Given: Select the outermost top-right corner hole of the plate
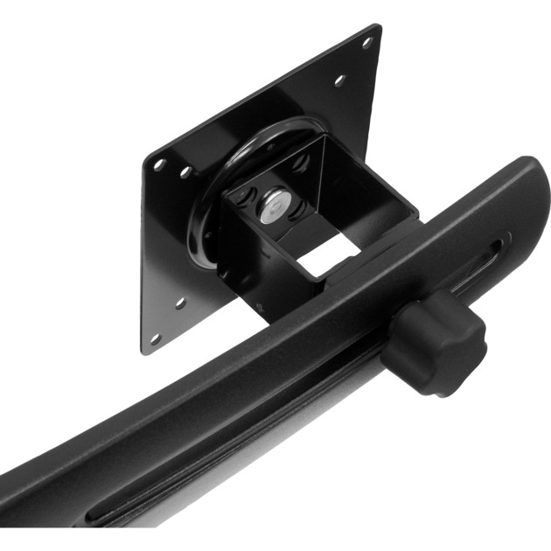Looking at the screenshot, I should point(366,42).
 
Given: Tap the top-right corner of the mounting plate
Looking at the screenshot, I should point(377,28).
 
